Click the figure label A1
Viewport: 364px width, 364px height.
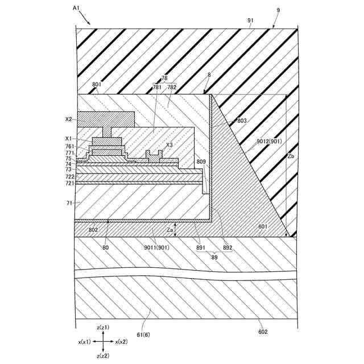point(77,7)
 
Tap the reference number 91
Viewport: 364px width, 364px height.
point(251,20)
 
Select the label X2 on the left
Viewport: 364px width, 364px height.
point(68,119)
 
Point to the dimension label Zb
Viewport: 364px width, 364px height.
point(291,155)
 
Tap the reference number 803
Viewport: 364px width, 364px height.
point(242,121)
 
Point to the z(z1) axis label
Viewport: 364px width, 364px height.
point(102,327)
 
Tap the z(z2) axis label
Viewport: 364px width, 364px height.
point(102,355)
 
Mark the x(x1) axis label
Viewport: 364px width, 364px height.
point(84,342)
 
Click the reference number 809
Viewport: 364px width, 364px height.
point(201,162)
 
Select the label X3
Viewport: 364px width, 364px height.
point(169,145)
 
